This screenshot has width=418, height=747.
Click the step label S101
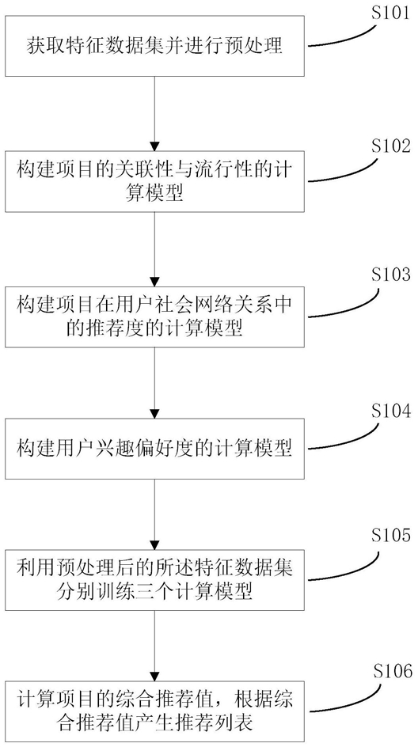(390, 13)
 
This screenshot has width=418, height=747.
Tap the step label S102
(390, 146)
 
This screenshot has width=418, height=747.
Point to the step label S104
(390, 410)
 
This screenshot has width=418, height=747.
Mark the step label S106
(390, 672)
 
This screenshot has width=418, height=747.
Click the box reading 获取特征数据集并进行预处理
(155, 46)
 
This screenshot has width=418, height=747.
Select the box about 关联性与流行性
(155, 181)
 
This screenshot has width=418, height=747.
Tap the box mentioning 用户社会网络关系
(155, 317)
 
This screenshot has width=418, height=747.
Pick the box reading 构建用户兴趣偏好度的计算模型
(155, 449)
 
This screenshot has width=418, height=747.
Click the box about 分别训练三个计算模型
(155, 580)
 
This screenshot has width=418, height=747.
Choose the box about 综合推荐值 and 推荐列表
(155, 711)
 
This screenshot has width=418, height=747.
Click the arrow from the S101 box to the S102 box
(155, 113)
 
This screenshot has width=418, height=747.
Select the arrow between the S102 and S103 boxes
(155, 249)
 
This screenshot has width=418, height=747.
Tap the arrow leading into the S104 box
(155, 382)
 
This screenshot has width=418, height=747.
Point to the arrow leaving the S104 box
(155, 514)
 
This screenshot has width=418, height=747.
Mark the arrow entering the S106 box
(155, 646)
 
